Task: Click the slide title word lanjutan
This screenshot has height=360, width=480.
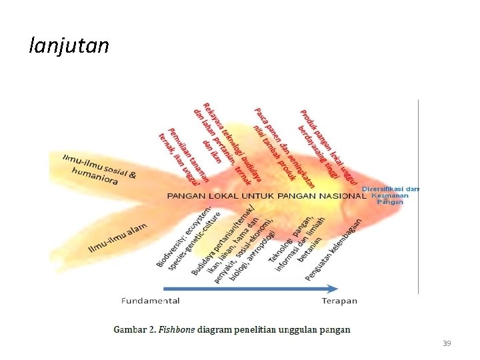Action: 69,45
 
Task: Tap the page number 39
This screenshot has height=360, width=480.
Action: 447,343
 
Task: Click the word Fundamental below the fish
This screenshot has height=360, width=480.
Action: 150,301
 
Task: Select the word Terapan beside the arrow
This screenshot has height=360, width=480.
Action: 339,301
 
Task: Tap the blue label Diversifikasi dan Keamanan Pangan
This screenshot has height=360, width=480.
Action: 391,195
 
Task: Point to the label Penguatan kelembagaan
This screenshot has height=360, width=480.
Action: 334,249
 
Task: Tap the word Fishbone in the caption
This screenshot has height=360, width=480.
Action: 177,329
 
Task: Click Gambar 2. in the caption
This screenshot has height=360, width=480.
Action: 133,329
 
